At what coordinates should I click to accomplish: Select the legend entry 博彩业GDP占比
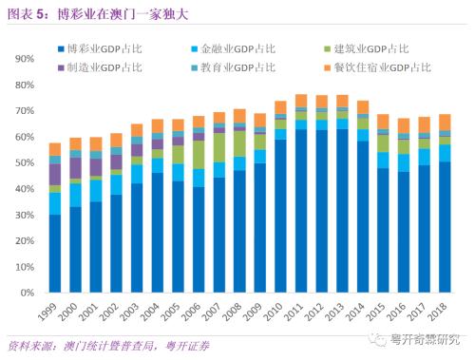[x=105, y=47]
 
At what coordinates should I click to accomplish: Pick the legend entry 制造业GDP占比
[x=105, y=67]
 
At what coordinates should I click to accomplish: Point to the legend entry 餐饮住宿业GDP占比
[x=374, y=67]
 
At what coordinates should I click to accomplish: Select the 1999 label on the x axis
[x=54, y=309]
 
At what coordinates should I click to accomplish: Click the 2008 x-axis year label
[x=237, y=309]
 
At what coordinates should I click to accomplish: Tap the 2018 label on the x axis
[x=442, y=309]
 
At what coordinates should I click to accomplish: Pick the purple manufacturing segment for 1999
[x=56, y=174]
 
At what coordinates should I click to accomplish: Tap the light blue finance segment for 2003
[x=138, y=174]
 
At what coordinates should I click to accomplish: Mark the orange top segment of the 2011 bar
[x=301, y=101]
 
